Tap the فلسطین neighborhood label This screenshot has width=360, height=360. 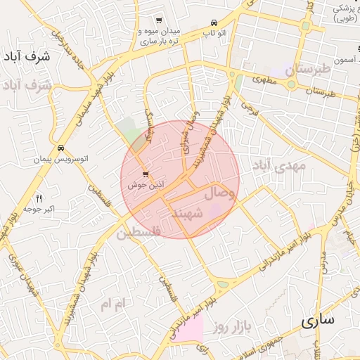click(x=139, y=231)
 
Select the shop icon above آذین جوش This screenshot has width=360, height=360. click(x=145, y=174)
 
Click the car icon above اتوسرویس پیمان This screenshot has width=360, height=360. click(x=62, y=149)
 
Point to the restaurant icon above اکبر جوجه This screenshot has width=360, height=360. click(x=39, y=198)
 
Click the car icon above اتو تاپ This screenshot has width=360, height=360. click(x=214, y=22)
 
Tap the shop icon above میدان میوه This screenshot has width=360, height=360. click(x=160, y=20)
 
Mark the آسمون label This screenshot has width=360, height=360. click(x=346, y=63)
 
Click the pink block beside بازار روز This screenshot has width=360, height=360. click(x=188, y=328)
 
